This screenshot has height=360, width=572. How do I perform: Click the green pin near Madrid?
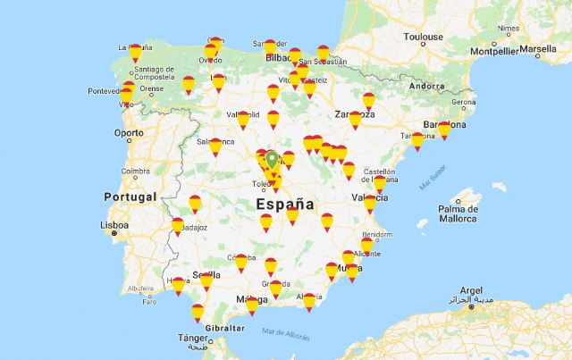point(271,160)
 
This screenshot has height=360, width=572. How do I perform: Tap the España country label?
point(285,204)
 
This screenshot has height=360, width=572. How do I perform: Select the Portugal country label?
point(130,197)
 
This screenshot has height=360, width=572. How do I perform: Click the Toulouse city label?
point(423,38)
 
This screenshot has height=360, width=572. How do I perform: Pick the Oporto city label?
point(128,133)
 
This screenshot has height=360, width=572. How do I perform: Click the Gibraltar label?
point(227,328)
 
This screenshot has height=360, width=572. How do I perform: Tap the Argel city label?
point(470,290)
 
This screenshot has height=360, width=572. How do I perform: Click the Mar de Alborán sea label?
point(286,334)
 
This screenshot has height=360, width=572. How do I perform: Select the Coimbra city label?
point(137,172)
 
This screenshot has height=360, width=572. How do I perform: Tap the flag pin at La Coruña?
point(136,54)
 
